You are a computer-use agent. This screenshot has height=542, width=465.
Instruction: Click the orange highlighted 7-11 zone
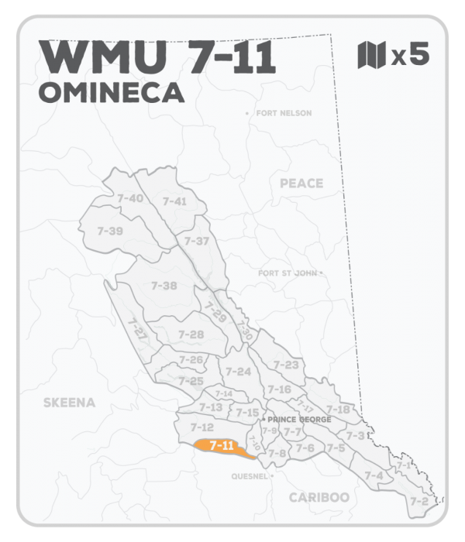(x=222, y=446)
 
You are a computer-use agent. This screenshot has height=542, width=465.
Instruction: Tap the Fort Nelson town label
(x=281, y=113)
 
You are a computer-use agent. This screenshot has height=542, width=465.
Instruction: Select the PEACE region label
(x=301, y=183)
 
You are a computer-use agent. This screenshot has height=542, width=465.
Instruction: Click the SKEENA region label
(x=69, y=403)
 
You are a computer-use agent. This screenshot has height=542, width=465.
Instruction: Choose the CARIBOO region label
(x=318, y=497)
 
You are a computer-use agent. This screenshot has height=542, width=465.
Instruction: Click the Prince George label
(x=299, y=420)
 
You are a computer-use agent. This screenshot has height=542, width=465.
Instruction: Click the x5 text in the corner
(x=410, y=56)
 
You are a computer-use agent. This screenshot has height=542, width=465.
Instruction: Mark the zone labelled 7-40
(x=129, y=199)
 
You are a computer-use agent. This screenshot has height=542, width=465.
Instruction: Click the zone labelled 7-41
(x=175, y=201)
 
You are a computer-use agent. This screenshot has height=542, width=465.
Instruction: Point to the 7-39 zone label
(x=110, y=231)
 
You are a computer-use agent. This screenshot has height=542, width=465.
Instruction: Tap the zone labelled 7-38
(x=164, y=286)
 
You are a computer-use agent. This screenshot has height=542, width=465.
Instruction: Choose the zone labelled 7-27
(x=137, y=331)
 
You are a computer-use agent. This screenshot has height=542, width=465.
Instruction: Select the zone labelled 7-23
(x=287, y=365)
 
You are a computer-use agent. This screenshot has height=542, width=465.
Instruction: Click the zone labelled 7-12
(x=201, y=427)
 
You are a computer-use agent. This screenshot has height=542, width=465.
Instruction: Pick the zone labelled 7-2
(x=419, y=501)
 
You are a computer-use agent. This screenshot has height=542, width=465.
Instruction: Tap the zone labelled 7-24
(x=238, y=372)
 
